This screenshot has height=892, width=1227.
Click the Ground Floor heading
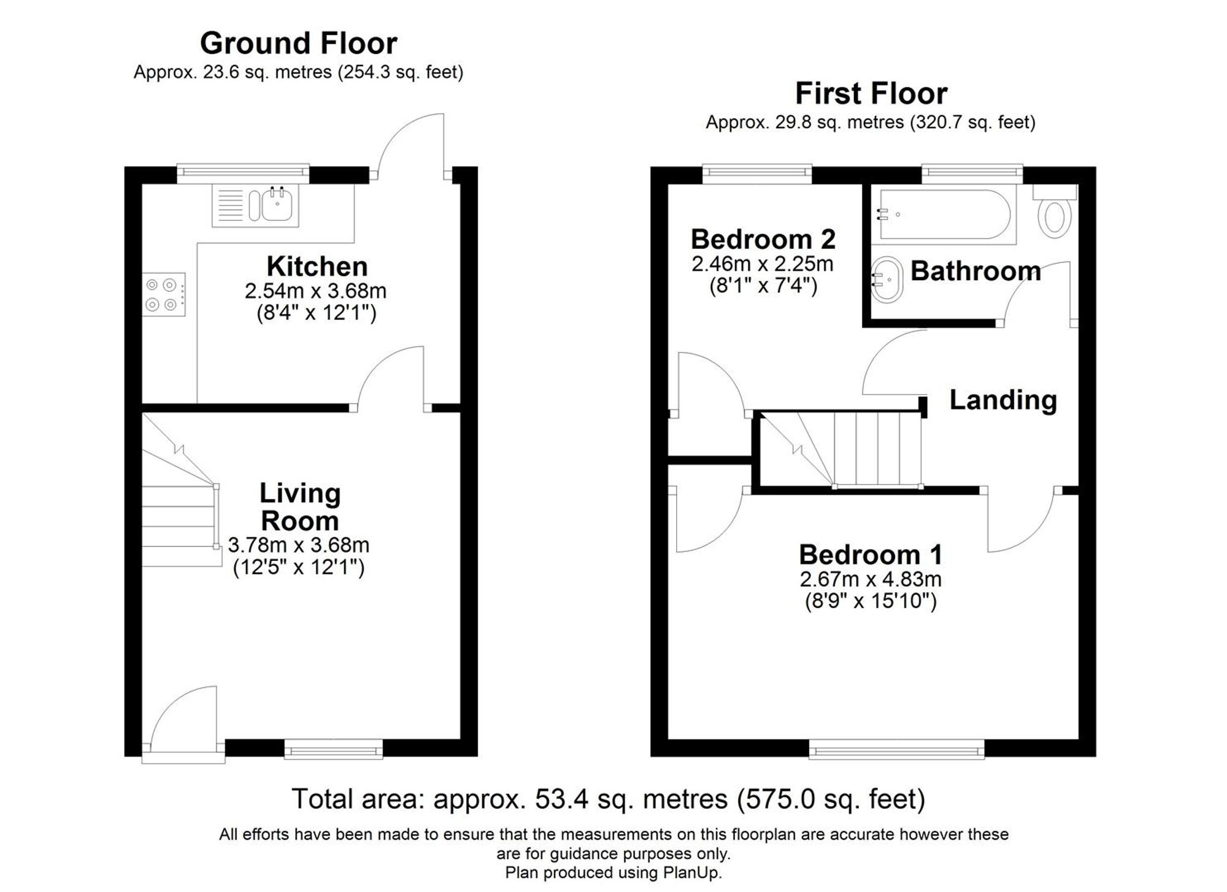(x=299, y=44)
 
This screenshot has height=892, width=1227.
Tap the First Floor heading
(x=871, y=94)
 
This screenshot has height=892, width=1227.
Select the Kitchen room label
(x=317, y=267)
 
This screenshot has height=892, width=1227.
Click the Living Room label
(x=299, y=507)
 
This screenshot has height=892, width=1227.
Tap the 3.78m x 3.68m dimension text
(x=298, y=544)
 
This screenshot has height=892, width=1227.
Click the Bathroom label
(x=975, y=271)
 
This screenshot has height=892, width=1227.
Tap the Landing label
(x=1003, y=400)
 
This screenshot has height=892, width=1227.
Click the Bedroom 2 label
(x=763, y=239)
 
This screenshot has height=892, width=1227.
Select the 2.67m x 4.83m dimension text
(x=870, y=579)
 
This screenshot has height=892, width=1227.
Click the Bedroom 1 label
(x=870, y=555)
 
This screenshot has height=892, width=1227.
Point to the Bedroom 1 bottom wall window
(x=896, y=749)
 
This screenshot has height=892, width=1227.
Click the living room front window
(x=333, y=749)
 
